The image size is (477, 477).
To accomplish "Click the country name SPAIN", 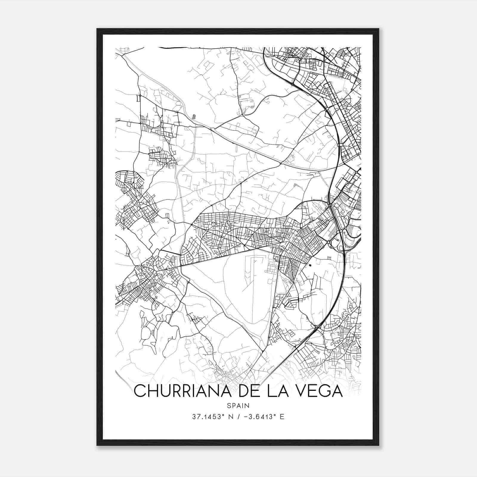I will (x=238, y=405).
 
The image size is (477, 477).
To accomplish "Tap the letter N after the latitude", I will (x=229, y=417).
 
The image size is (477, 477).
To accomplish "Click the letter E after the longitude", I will (x=282, y=417).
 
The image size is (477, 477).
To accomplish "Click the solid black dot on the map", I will (x=310, y=264).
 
